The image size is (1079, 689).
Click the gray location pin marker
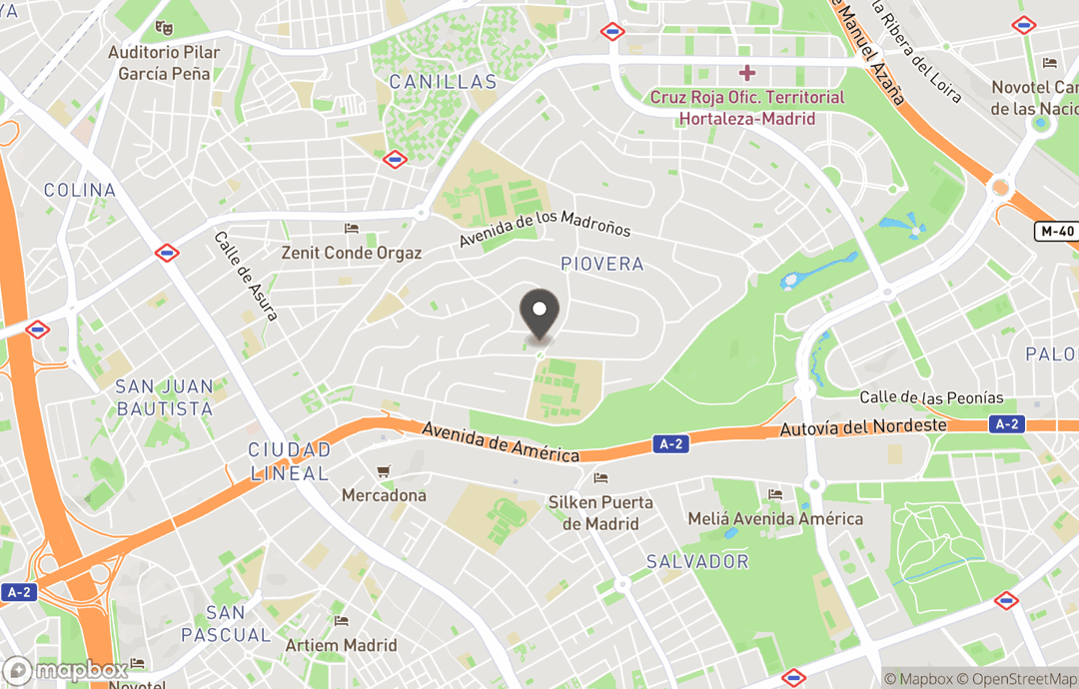(x=539, y=313)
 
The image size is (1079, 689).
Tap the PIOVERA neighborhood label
(x=601, y=265)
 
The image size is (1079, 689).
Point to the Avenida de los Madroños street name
(x=545, y=229)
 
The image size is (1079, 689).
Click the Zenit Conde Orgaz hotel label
(x=351, y=253)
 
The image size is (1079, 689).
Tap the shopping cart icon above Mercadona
(x=383, y=471)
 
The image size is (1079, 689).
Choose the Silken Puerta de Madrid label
(x=599, y=512)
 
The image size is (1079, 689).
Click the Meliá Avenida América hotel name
(x=775, y=518)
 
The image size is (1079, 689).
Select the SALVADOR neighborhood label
(x=697, y=561)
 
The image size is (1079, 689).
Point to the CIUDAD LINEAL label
(x=289, y=461)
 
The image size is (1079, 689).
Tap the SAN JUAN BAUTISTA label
(x=165, y=397)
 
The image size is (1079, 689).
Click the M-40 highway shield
(x=1056, y=232)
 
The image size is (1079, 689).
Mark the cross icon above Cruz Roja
(x=747, y=73)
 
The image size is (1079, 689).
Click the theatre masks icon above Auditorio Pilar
(x=164, y=29)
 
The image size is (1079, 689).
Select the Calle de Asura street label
(x=246, y=277)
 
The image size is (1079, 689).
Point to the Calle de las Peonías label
(x=931, y=397)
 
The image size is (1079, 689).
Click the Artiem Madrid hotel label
(x=341, y=645)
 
